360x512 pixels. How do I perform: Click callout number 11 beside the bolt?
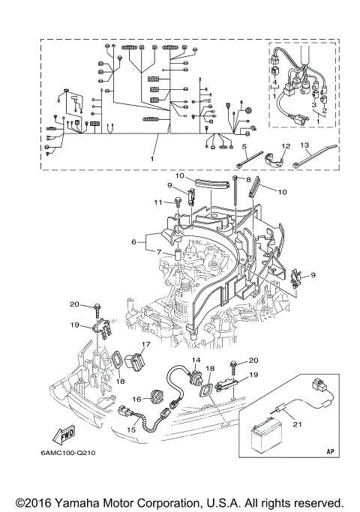[x=158, y=202]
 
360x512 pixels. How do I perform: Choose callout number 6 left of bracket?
[x=133, y=242]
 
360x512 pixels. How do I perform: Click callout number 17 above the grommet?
[x=145, y=345]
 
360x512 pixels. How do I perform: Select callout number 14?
[x=196, y=361]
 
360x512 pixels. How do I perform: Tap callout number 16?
[x=136, y=399]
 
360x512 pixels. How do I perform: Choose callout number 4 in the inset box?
[x=275, y=82]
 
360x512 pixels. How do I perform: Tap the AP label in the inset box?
[x=330, y=451]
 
